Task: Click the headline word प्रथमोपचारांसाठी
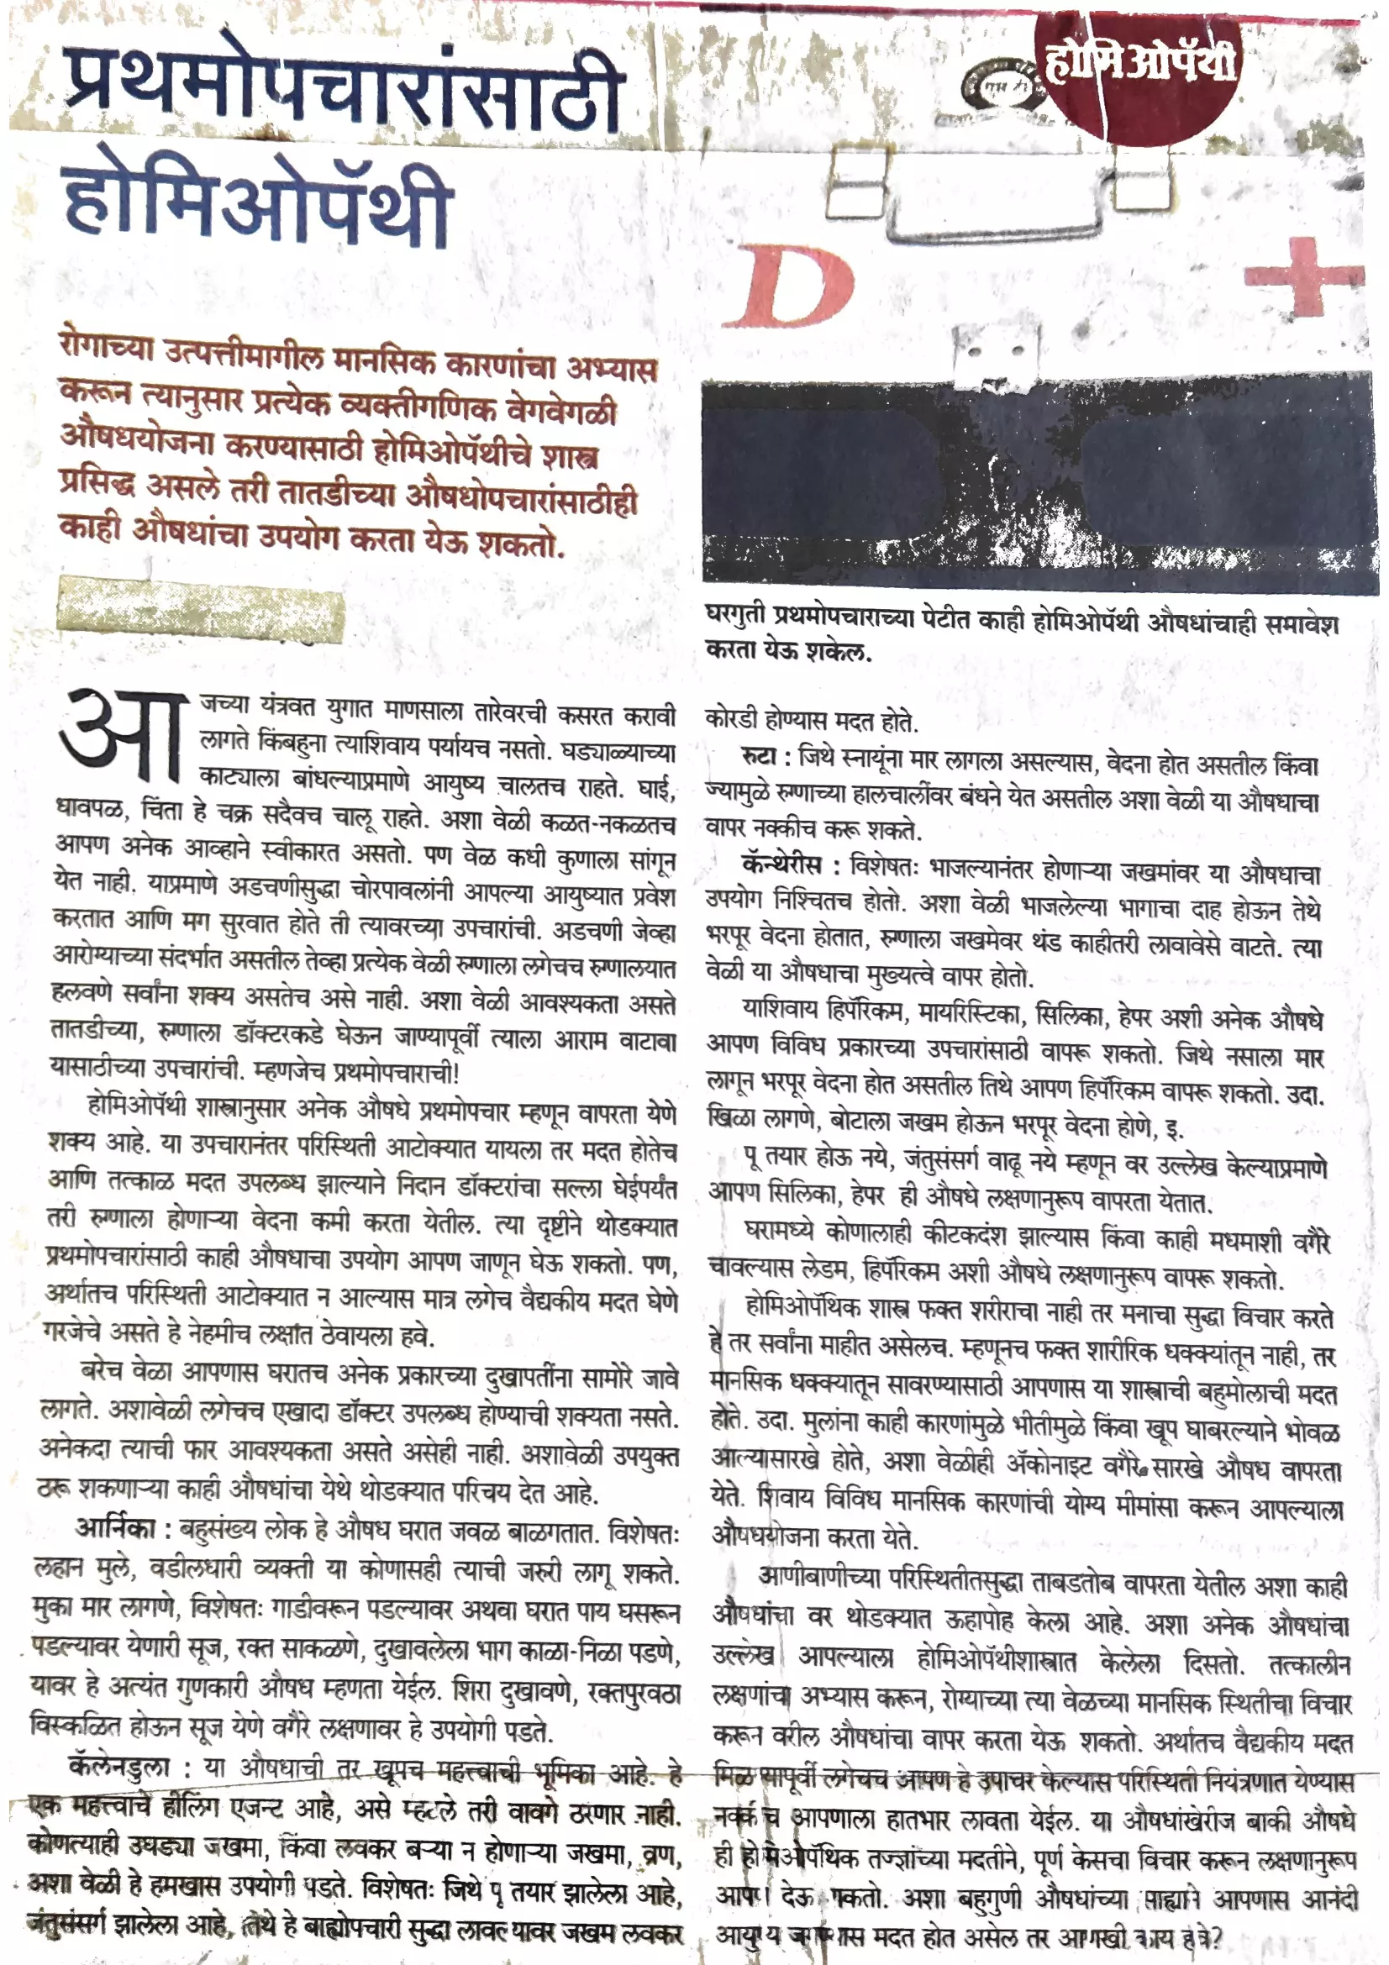click(342, 90)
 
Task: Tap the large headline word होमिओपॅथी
click(257, 201)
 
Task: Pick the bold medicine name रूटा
click(758, 757)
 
